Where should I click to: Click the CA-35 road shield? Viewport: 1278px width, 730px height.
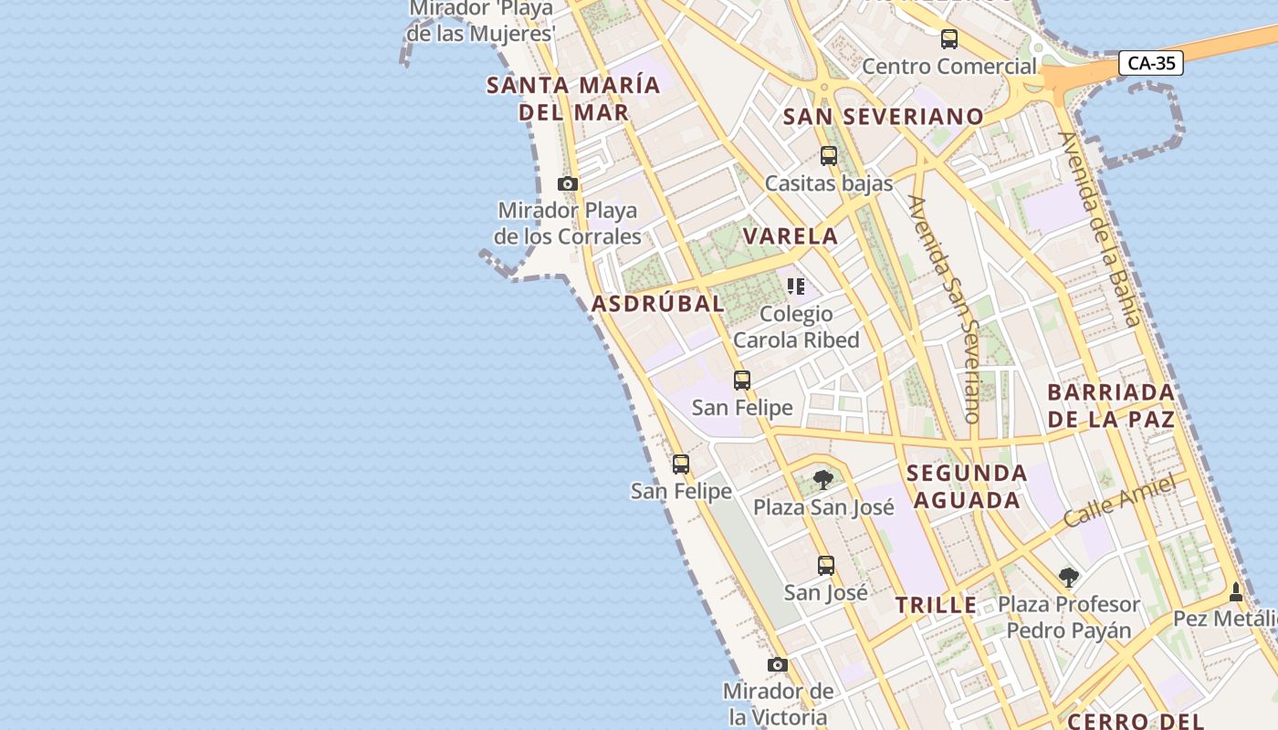[x=1151, y=63]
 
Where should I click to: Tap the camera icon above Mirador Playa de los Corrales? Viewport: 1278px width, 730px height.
[x=568, y=184]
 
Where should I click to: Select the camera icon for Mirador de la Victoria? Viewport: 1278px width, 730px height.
[x=778, y=664]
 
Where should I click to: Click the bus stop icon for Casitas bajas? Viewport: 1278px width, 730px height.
[x=829, y=156]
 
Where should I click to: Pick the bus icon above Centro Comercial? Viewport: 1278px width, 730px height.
[x=949, y=39]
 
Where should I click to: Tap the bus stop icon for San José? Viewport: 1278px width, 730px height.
[x=826, y=566]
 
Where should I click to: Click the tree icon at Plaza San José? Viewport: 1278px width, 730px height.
[x=823, y=480]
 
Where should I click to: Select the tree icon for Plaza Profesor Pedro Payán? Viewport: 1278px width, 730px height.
[x=1069, y=578]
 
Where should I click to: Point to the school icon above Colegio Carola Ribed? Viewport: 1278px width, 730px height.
[x=796, y=287]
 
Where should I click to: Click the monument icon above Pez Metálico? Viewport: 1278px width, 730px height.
[x=1236, y=592]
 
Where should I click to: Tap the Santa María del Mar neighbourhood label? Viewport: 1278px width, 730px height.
[x=573, y=99]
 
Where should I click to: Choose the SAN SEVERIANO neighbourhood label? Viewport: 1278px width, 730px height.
[x=884, y=117]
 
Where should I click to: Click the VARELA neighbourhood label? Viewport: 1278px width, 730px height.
[x=791, y=236]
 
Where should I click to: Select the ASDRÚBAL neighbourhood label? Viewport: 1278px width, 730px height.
[x=658, y=304]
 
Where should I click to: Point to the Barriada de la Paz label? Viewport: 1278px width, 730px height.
[x=1111, y=406]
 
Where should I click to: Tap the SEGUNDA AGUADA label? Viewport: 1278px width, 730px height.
[x=967, y=486]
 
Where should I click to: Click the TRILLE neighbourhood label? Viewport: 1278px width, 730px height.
[x=936, y=605]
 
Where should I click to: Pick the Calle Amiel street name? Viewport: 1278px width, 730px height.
[x=1119, y=501]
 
